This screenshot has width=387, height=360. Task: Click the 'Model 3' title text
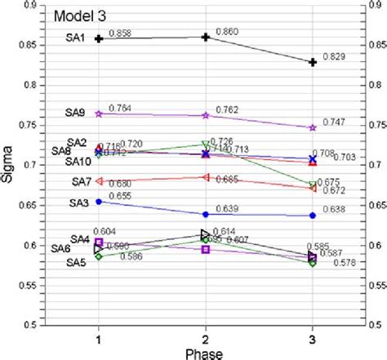point(80,16)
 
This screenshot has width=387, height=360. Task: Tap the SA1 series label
point(75,38)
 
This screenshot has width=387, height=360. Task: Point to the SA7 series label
point(81,181)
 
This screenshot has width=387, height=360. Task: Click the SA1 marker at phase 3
point(312,62)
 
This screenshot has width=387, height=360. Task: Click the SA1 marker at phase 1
point(99,38)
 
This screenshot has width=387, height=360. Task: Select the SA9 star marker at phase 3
point(312,127)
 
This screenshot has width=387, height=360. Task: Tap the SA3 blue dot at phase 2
point(205,215)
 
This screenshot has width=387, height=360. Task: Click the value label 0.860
point(226,32)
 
